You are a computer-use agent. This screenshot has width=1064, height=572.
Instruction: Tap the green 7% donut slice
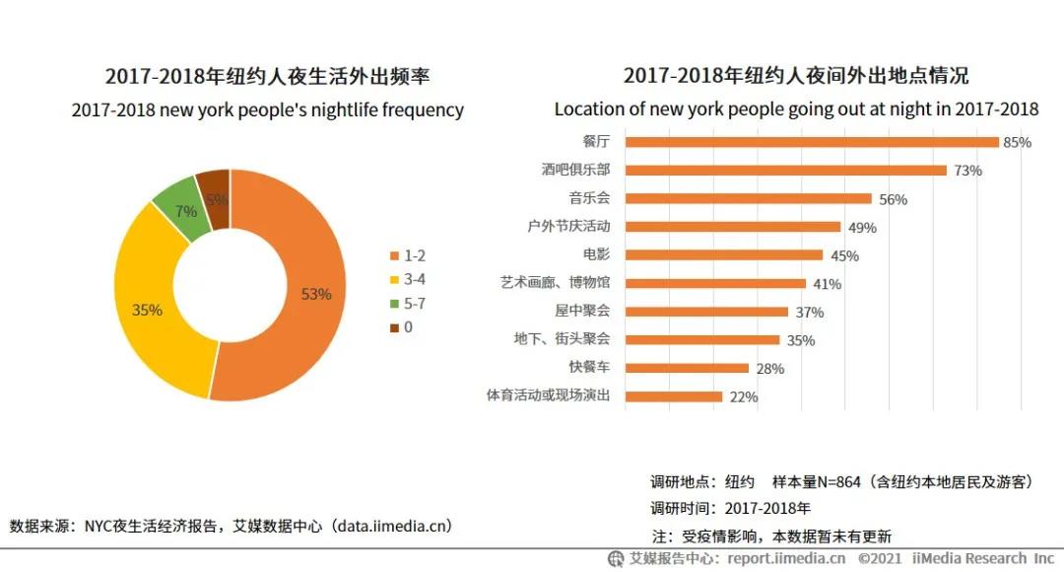pos(184,210)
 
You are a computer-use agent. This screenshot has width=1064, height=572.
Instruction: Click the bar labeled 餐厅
pos(812,142)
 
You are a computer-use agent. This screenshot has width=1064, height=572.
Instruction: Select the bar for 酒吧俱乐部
pos(785,170)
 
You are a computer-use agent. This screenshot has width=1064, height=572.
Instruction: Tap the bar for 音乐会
pos(748,198)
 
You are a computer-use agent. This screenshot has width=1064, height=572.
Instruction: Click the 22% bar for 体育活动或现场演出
pos(674,396)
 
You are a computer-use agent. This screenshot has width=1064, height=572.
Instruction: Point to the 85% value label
pos(1017,142)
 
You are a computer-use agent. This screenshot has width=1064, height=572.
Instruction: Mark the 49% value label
pos(862,228)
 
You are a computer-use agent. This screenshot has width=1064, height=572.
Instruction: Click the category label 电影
pos(596,254)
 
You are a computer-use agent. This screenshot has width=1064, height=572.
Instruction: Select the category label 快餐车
pos(589,368)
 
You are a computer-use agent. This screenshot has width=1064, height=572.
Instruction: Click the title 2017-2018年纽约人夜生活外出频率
pos(267,77)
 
